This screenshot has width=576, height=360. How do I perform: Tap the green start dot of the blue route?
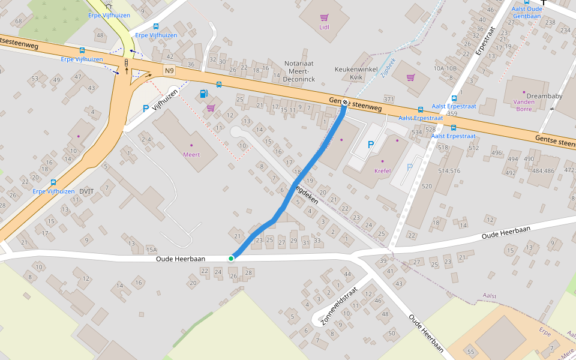click(231, 258)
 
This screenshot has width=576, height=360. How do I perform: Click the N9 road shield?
click(169, 71)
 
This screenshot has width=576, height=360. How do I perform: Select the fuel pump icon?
click(204, 94)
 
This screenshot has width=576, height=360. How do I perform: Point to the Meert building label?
click(191, 154)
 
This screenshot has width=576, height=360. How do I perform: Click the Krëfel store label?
click(382, 170)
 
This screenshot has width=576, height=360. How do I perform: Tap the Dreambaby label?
click(542, 95)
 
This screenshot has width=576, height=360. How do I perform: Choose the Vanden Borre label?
click(524, 106)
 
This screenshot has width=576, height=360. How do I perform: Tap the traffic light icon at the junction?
click(127, 62)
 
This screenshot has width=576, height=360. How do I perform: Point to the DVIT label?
click(87, 191)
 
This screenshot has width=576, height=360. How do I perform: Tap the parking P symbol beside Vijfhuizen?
click(145, 109)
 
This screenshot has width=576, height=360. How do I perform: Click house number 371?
click(388, 99)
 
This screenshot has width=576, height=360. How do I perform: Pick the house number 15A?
click(151, 249)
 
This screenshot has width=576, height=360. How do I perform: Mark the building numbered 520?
click(427, 187)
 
